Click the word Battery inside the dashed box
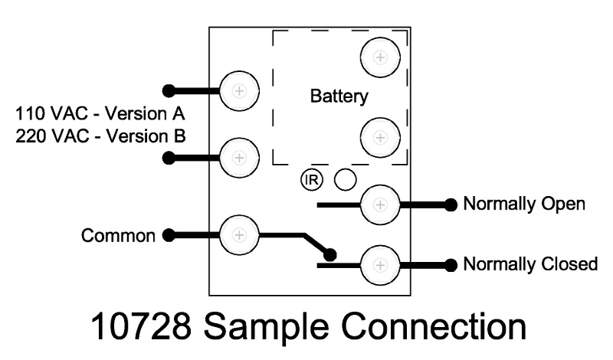click(339, 97)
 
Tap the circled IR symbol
click(312, 180)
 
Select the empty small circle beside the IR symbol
click(346, 179)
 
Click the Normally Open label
click(524, 205)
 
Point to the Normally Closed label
click(530, 264)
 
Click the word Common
click(120, 235)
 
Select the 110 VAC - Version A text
click(100, 115)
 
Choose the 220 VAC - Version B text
click(100, 135)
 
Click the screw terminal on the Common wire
click(238, 234)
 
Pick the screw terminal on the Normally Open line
click(379, 205)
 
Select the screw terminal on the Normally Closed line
click(379, 264)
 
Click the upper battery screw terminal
click(379, 56)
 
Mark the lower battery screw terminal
click(379, 138)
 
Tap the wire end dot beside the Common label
click(169, 235)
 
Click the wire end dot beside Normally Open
click(451, 205)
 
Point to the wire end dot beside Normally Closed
click(451, 265)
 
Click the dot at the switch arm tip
click(329, 254)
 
